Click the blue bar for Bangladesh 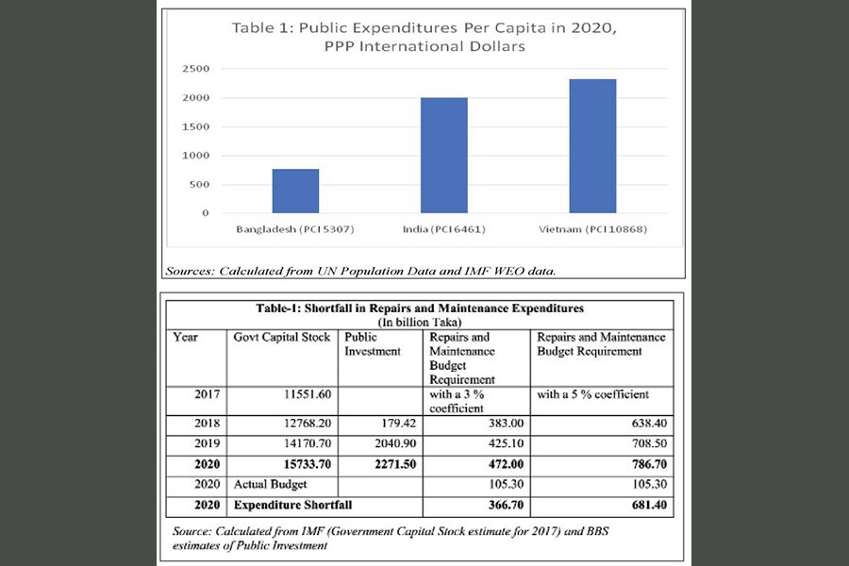pos(295,191)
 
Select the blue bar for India pos(444,156)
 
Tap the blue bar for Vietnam pos(592,146)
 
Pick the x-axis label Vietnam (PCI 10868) pos(592,229)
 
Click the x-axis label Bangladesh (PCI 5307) pos(295,229)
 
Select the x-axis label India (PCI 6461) pos(444,229)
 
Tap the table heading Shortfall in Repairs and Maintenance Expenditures pos(420,308)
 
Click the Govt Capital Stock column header pos(280,338)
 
